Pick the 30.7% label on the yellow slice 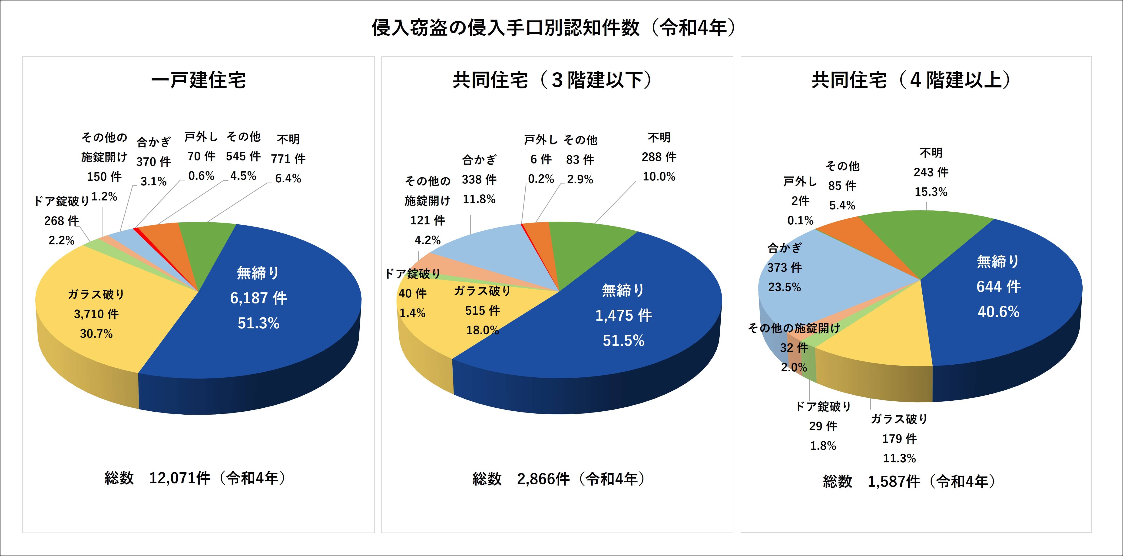[x=96, y=334]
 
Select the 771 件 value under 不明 [x=288, y=159]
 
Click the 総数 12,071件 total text [x=195, y=478]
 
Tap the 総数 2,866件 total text [x=559, y=479]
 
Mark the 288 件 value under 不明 [x=659, y=157]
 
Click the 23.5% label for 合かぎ [x=784, y=287]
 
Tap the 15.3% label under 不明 [x=931, y=192]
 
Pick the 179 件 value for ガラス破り [x=899, y=439]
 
